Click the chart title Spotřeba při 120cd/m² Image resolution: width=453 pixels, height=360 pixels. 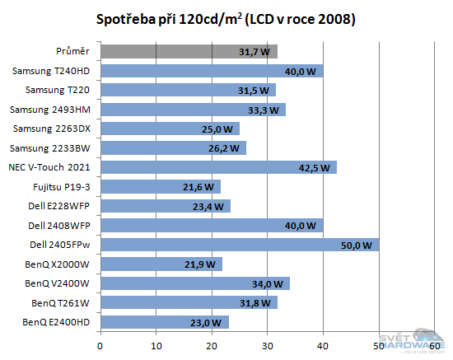click(226, 18)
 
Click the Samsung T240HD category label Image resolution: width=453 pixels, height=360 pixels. click(53, 72)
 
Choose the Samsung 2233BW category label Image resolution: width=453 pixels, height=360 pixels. click(54, 148)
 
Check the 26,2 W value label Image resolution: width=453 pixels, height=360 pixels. click(227, 149)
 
